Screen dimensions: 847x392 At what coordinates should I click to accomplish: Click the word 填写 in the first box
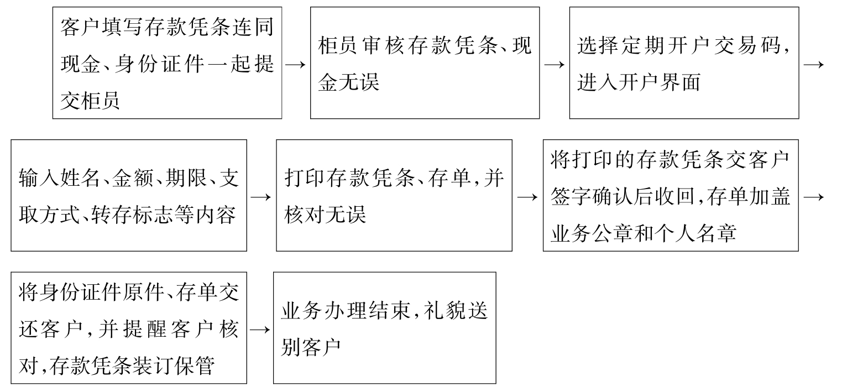coord(122,27)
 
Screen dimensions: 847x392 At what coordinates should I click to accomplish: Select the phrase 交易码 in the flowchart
coord(747,46)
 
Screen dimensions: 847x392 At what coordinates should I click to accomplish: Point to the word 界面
coord(680,82)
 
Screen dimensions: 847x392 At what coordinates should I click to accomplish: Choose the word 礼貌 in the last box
coord(445,311)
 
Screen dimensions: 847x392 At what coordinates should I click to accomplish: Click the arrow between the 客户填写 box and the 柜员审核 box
coord(295,65)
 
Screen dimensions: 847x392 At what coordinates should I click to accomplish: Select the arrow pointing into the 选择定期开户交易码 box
coord(555,65)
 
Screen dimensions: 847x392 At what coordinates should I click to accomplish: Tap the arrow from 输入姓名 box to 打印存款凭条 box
coord(261,197)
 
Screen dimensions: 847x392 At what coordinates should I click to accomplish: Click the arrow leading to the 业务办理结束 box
coord(260,330)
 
